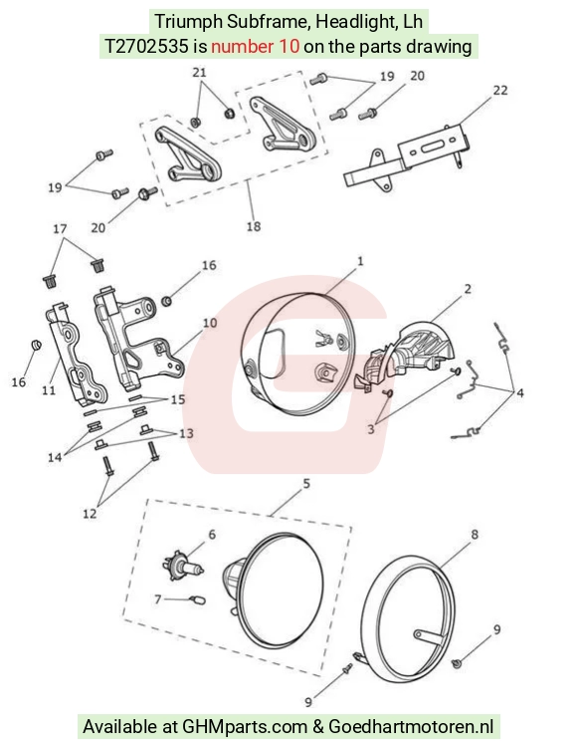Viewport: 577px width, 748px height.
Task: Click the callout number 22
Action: [x=500, y=91]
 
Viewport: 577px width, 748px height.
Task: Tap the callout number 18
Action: [x=254, y=226]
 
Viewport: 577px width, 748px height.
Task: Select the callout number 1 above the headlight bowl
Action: [x=360, y=261]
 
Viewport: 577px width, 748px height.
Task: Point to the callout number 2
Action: [x=468, y=289]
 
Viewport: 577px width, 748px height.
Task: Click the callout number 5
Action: [x=306, y=484]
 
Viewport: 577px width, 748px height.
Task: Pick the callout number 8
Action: [x=475, y=535]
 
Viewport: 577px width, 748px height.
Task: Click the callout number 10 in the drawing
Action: [x=210, y=323]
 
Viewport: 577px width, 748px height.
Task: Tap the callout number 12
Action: [x=90, y=513]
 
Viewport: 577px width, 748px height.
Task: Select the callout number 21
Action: [x=199, y=72]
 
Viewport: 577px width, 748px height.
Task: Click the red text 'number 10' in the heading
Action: [x=256, y=46]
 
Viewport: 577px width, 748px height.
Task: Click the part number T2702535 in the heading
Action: [x=147, y=46]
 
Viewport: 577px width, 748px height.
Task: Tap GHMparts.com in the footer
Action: [x=245, y=726]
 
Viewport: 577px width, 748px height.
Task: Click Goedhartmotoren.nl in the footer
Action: [x=411, y=726]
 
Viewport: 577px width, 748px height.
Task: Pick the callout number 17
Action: [x=60, y=229]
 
